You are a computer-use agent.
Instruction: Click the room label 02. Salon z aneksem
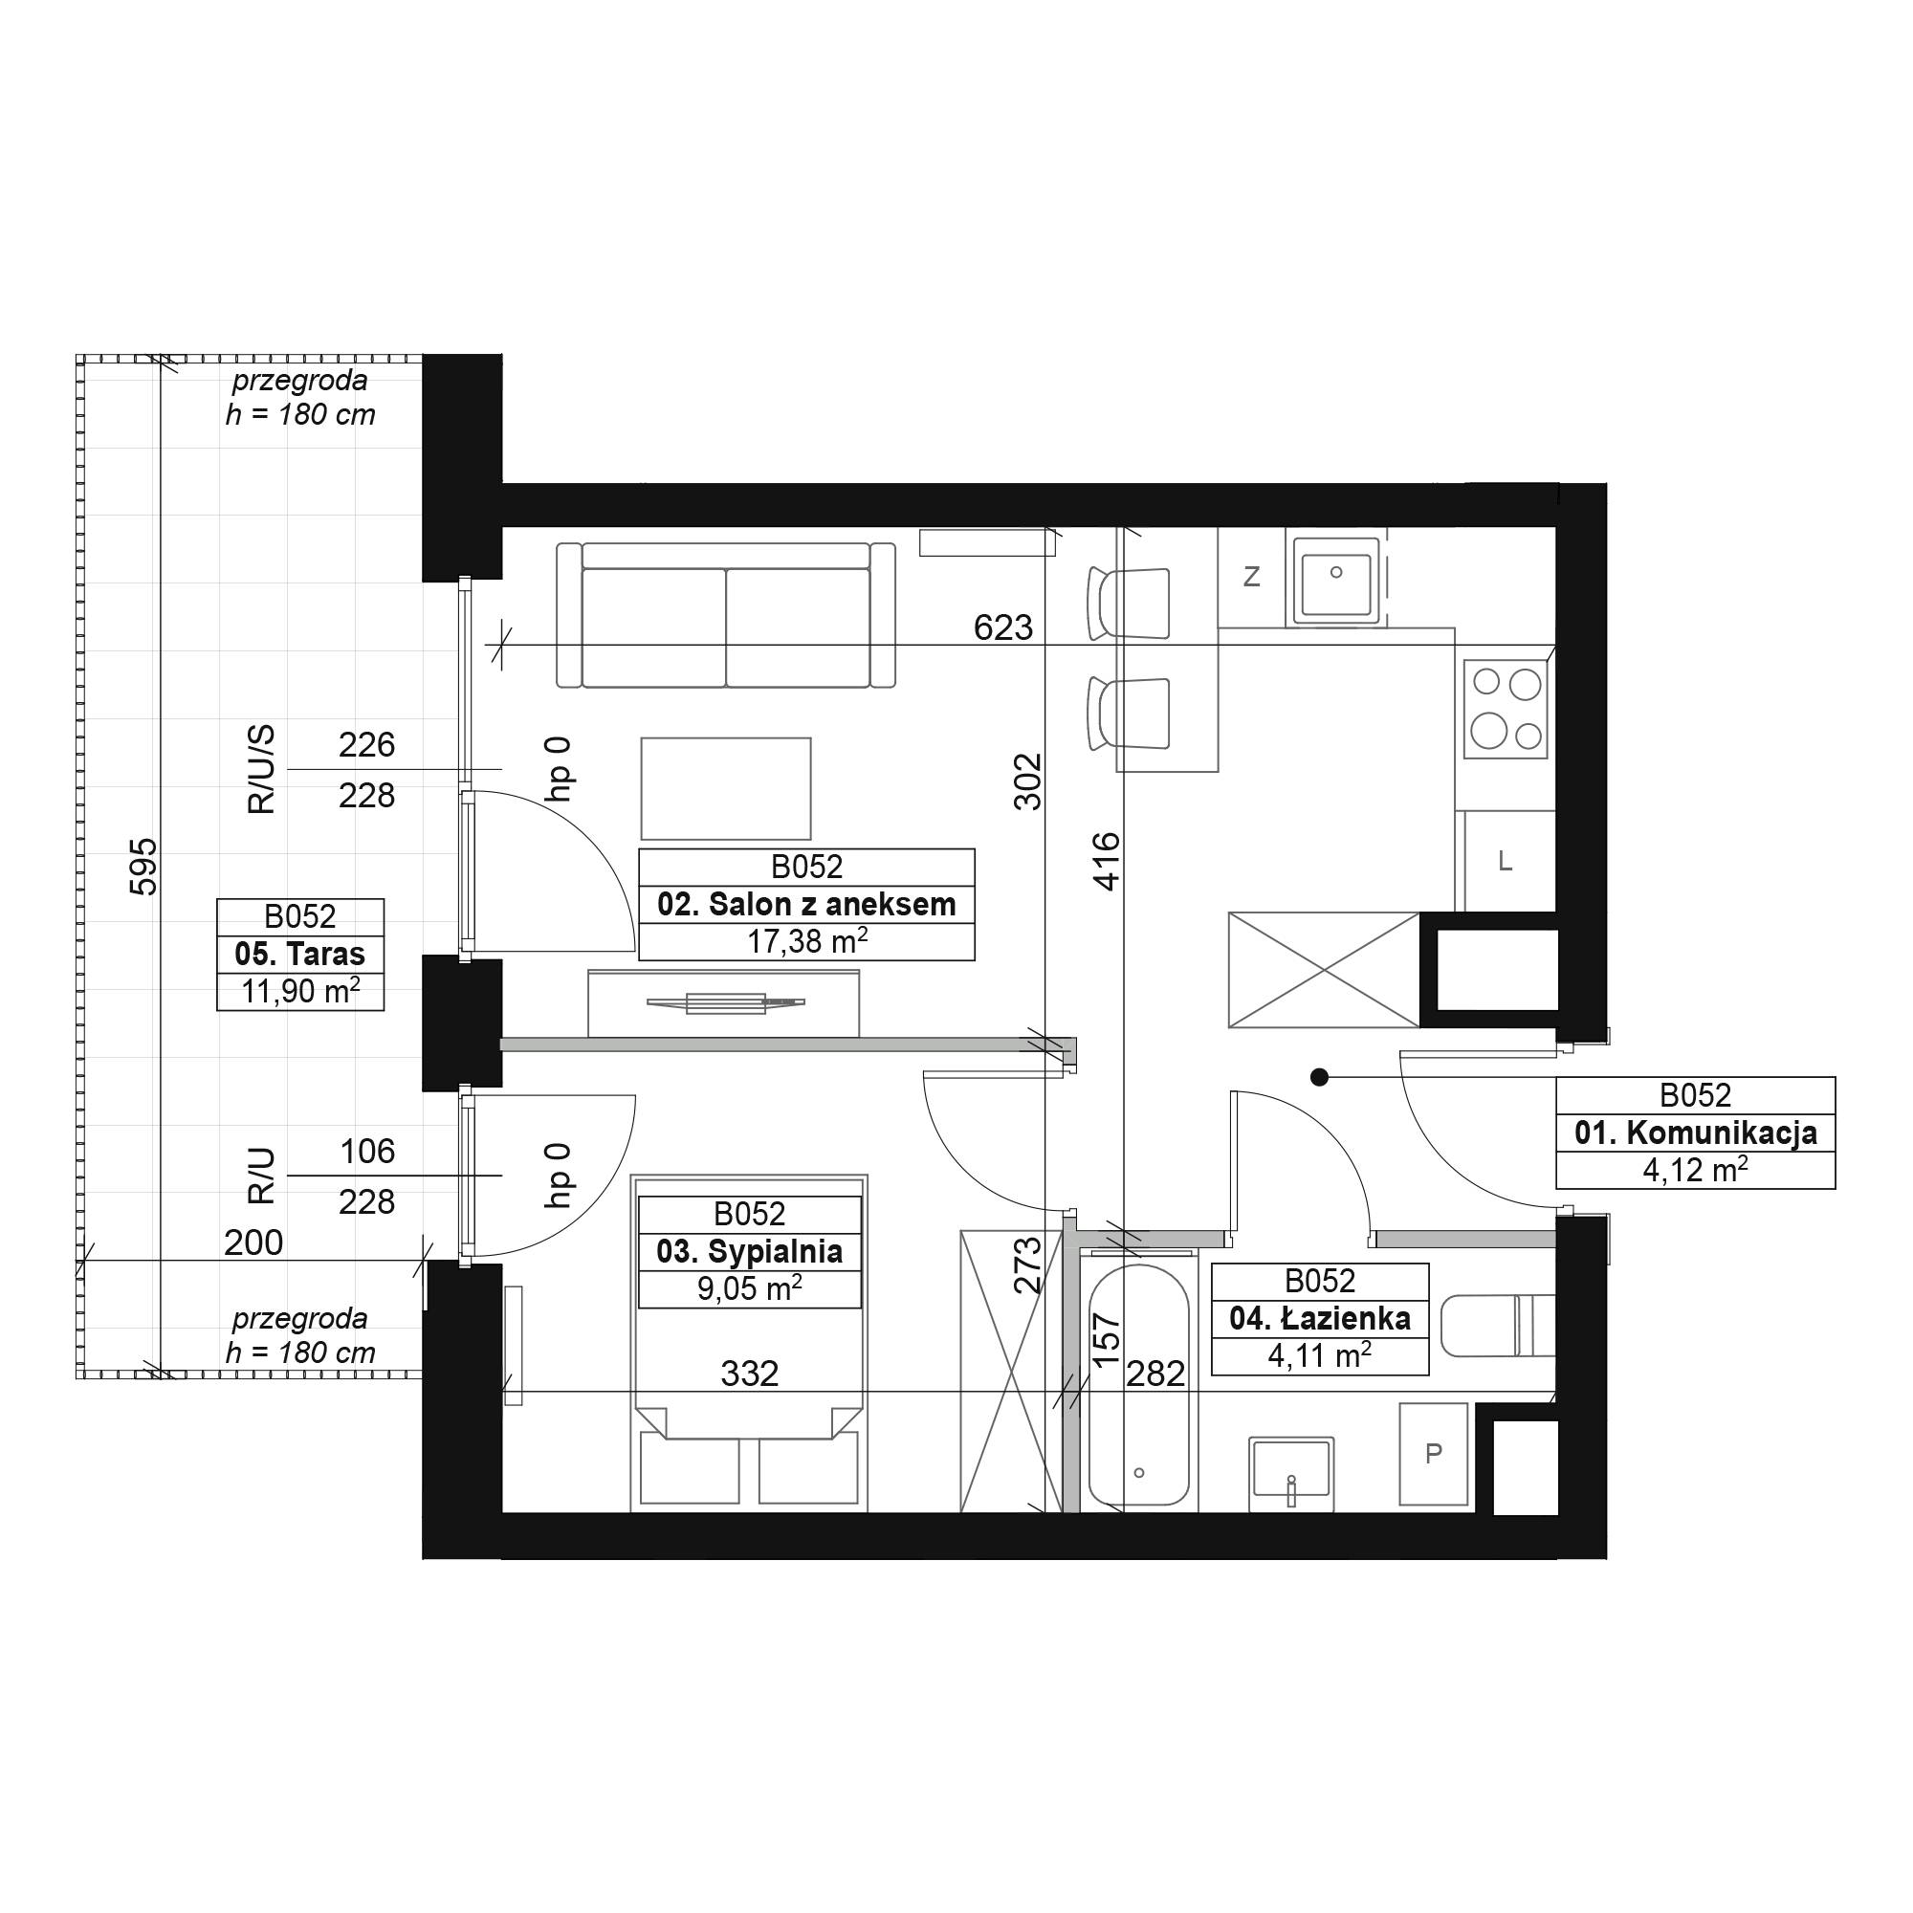pyautogui.click(x=806, y=904)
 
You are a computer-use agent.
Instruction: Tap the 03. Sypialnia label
pyautogui.click(x=750, y=1251)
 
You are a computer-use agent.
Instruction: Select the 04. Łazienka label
pyautogui.click(x=1320, y=1318)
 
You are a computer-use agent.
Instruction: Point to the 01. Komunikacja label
pyautogui.click(x=1695, y=1132)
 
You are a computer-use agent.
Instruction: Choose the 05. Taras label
pyautogui.click(x=300, y=954)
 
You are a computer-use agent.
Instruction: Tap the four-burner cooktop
pyautogui.click(x=1505, y=709)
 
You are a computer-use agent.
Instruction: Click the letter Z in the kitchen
pyautogui.click(x=1251, y=576)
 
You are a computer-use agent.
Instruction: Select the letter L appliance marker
pyautogui.click(x=1505, y=862)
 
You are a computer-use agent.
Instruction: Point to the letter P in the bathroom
pyautogui.click(x=1433, y=1454)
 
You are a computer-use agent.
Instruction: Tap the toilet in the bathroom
pyautogui.click(x=1497, y=1326)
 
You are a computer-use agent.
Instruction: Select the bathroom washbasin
pyautogui.click(x=1291, y=1472)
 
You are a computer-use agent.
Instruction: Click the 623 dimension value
pyautogui.click(x=1003, y=627)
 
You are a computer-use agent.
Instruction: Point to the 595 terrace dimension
pyautogui.click(x=143, y=867)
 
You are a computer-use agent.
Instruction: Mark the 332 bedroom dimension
pyautogui.click(x=750, y=1374)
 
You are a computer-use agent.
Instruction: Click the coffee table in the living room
pyautogui.click(x=726, y=788)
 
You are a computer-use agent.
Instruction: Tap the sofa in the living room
pyautogui.click(x=726, y=615)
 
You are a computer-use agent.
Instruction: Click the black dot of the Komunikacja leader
pyautogui.click(x=1319, y=1077)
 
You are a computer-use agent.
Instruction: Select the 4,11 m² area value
pyautogui.click(x=1320, y=1354)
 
